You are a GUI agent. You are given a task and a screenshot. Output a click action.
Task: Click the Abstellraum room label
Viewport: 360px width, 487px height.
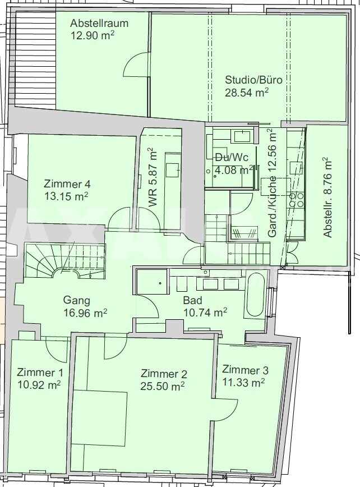[x=99, y=24]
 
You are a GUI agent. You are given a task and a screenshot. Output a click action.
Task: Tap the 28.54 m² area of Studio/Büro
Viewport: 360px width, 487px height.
[x=247, y=93]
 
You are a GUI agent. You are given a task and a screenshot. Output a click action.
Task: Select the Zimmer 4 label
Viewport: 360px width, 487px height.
[x=67, y=184]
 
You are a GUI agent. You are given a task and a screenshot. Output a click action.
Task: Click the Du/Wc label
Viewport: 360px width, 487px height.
[x=232, y=158]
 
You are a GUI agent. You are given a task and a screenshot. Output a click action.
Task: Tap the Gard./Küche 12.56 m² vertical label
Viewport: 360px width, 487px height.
[x=272, y=183]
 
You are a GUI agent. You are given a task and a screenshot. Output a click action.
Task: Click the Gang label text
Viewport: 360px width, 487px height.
[x=77, y=300]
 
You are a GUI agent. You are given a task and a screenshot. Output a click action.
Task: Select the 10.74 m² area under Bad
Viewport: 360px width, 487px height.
[x=205, y=313]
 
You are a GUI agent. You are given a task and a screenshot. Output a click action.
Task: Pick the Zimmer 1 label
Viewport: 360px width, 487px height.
[x=40, y=372]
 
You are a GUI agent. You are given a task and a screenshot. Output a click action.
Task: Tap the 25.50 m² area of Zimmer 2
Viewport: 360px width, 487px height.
[x=163, y=386]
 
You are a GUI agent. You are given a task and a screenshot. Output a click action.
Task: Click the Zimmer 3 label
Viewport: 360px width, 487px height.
[x=245, y=370]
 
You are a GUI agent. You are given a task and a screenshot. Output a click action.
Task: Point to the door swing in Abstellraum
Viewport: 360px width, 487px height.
[x=136, y=65]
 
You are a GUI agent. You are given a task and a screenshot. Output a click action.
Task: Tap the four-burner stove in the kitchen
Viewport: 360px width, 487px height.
[x=297, y=200]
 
